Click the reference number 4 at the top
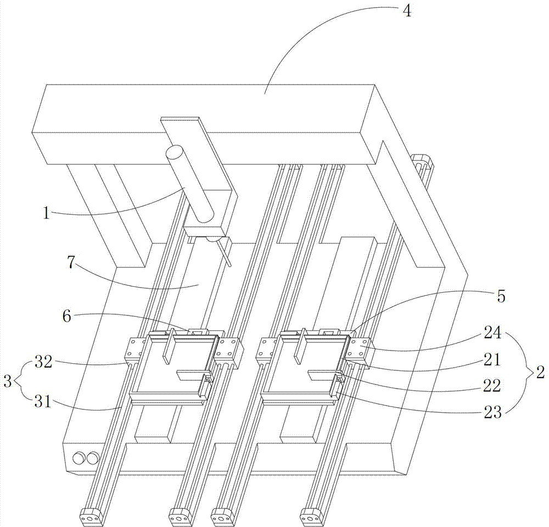click(x=407, y=11)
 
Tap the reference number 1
click(x=47, y=213)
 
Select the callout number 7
click(x=71, y=263)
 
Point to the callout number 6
click(x=66, y=316)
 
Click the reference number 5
click(x=501, y=296)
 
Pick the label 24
click(x=492, y=332)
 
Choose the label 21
click(x=492, y=359)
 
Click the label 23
click(x=492, y=412)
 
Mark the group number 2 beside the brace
click(x=540, y=372)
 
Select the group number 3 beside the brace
click(x=7, y=381)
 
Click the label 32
click(x=43, y=362)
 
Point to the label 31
click(x=43, y=402)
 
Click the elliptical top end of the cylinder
click(x=175, y=153)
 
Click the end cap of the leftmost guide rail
click(x=92, y=518)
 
